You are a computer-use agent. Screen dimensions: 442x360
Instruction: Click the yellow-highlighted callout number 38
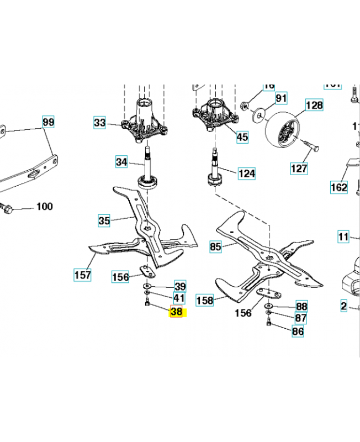click(x=177, y=312)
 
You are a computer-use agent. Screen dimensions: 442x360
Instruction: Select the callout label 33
click(x=99, y=123)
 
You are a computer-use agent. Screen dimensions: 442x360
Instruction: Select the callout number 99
click(x=49, y=122)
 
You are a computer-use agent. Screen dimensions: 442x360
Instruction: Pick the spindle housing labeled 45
click(x=215, y=114)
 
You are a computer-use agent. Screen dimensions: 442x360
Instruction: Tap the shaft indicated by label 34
click(x=149, y=163)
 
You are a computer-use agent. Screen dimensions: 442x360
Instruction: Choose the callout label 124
click(x=247, y=173)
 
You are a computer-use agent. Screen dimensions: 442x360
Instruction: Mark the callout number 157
click(x=83, y=274)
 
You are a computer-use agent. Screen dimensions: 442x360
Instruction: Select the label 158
click(x=205, y=301)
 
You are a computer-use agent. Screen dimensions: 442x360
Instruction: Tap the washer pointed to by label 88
click(x=268, y=306)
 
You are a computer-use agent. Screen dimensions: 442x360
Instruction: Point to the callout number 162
click(x=338, y=187)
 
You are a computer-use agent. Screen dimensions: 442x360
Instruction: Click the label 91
click(x=282, y=98)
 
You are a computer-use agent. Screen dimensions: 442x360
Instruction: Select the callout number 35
click(x=104, y=221)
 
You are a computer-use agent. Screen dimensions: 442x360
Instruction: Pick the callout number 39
click(x=180, y=286)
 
